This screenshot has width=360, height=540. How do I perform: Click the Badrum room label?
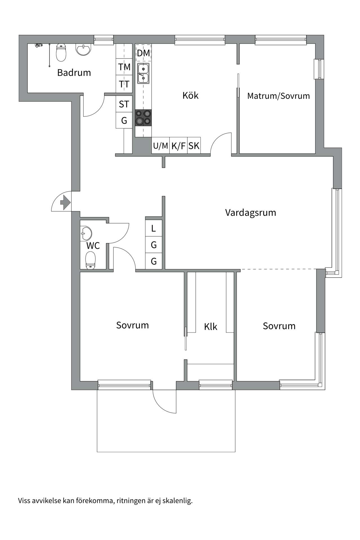click(x=74, y=73)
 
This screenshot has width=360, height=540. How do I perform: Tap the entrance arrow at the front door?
click(x=65, y=202)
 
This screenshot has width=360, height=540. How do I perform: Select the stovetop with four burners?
click(x=143, y=118)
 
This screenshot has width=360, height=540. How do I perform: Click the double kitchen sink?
click(x=143, y=73)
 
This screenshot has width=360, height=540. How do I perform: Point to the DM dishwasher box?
click(x=143, y=53)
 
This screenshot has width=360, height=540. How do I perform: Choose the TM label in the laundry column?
click(x=124, y=67)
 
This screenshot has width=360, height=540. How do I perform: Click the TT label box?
click(x=124, y=84)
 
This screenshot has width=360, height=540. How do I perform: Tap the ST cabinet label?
click(x=124, y=104)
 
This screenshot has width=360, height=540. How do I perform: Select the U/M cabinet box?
click(x=160, y=146)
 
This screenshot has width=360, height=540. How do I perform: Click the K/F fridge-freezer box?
click(x=178, y=146)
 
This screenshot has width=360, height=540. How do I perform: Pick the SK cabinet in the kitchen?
click(x=194, y=146)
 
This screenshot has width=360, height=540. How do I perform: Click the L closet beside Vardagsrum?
click(x=154, y=228)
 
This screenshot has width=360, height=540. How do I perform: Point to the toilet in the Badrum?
click(x=61, y=52)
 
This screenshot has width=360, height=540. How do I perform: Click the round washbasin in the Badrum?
click(x=84, y=49)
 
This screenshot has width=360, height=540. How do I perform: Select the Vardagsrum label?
click(x=251, y=212)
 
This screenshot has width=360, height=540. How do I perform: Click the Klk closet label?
click(x=211, y=327)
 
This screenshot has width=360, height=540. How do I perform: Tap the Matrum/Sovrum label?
click(x=278, y=96)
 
